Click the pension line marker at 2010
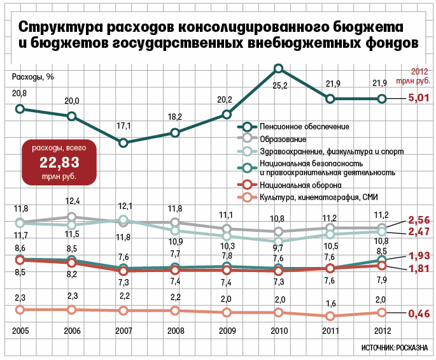point(279,68)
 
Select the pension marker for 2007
point(123,143)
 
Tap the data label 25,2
point(280,86)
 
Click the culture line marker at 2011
point(330,316)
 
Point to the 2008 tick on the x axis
point(176,331)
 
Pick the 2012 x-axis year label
point(383,331)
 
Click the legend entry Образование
point(283,139)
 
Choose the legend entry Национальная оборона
point(300,185)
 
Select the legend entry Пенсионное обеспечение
point(304,126)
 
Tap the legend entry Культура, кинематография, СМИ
point(319,198)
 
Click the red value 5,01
point(419,98)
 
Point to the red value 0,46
point(419,313)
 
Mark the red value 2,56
point(419,220)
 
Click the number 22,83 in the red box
point(59,162)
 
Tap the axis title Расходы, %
point(32,77)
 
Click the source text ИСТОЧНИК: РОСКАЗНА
point(395,348)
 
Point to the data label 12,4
point(73,201)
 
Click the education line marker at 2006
point(72,217)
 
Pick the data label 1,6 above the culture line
point(331,303)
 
